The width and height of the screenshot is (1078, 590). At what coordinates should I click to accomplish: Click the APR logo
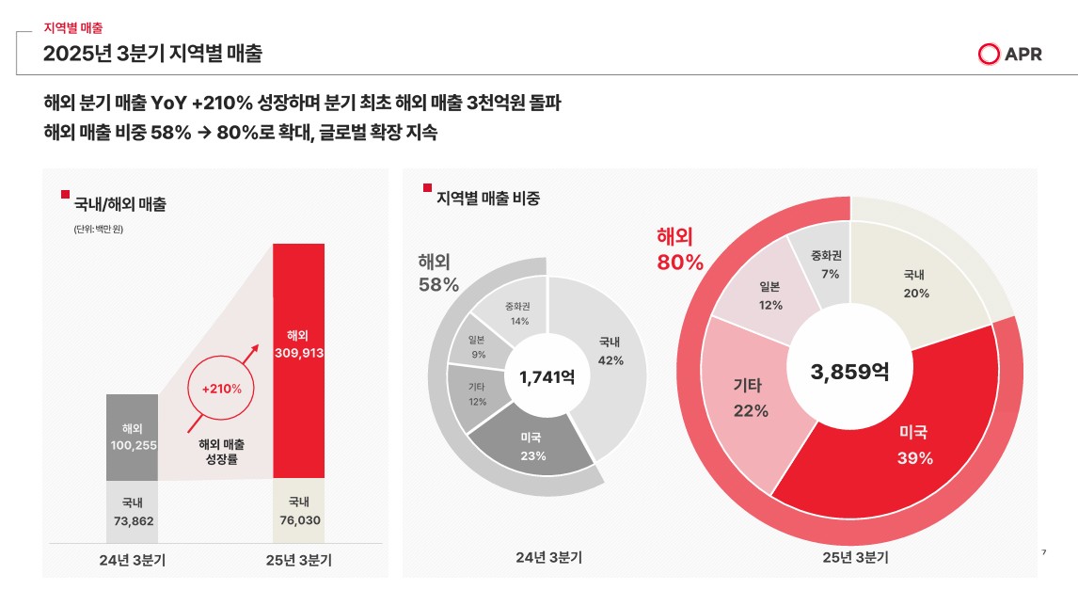click(1010, 55)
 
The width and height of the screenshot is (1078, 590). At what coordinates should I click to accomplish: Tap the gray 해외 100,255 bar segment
click(132, 437)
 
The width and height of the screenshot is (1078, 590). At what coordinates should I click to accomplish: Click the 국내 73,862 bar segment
click(132, 511)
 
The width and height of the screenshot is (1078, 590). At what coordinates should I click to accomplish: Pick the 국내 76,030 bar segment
click(299, 511)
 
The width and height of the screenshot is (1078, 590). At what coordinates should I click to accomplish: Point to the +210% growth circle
click(222, 388)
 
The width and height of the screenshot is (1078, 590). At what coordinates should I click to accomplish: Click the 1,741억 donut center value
click(547, 377)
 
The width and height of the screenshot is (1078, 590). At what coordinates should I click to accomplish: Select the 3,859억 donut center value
click(849, 371)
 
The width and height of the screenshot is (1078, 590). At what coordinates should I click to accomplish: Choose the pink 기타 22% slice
click(753, 400)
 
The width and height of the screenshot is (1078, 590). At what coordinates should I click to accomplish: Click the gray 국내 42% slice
click(607, 353)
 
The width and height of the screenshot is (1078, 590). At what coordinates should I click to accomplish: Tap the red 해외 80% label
click(680, 249)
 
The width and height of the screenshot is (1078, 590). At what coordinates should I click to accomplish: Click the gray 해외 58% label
click(438, 272)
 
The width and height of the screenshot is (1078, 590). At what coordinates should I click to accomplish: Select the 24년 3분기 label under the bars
click(132, 561)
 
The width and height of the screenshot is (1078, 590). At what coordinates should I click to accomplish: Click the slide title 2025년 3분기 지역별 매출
click(152, 54)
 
